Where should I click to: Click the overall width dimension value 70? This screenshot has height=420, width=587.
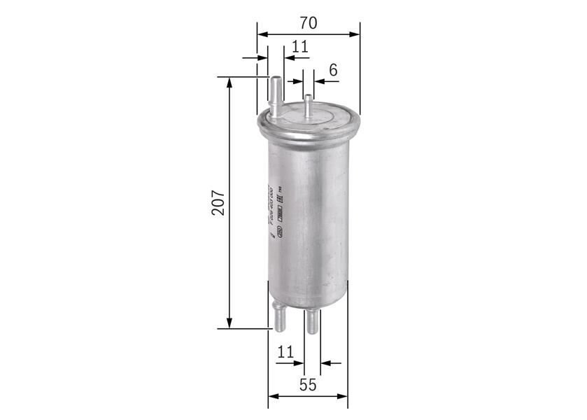click(308, 22)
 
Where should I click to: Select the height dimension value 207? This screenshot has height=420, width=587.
click(218, 202)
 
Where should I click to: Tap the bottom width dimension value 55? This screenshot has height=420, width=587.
click(308, 384)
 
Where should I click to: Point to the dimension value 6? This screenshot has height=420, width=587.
click(333, 69)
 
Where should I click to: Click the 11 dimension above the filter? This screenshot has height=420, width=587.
click(300, 47)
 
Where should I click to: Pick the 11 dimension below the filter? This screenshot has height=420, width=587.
click(285, 352)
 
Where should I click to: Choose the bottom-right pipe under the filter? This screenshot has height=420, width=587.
click(312, 321)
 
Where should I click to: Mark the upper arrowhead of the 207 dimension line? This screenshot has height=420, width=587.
click(229, 82)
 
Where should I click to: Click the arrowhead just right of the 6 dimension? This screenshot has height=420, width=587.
click(318, 81)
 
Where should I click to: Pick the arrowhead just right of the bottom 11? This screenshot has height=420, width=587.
click(325, 363)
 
